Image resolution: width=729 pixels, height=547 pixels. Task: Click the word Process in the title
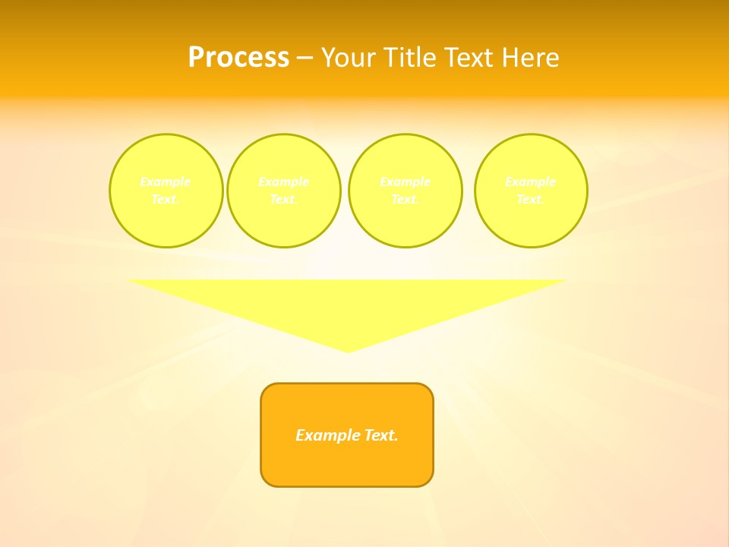[x=238, y=58]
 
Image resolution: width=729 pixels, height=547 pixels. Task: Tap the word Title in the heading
[x=411, y=58]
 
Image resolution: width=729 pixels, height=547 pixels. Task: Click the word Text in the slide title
[x=469, y=58]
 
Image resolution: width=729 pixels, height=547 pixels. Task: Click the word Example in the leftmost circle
[x=166, y=182]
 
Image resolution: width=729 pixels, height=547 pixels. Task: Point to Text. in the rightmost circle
[x=531, y=199]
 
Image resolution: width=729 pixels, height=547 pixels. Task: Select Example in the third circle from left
[x=405, y=182]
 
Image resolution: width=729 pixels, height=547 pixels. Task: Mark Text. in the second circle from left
[x=283, y=199]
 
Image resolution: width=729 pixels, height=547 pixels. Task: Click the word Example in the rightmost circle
[x=531, y=182]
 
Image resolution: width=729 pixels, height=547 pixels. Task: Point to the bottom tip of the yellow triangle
[x=348, y=350]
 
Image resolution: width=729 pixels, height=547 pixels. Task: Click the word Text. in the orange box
[x=379, y=435]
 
